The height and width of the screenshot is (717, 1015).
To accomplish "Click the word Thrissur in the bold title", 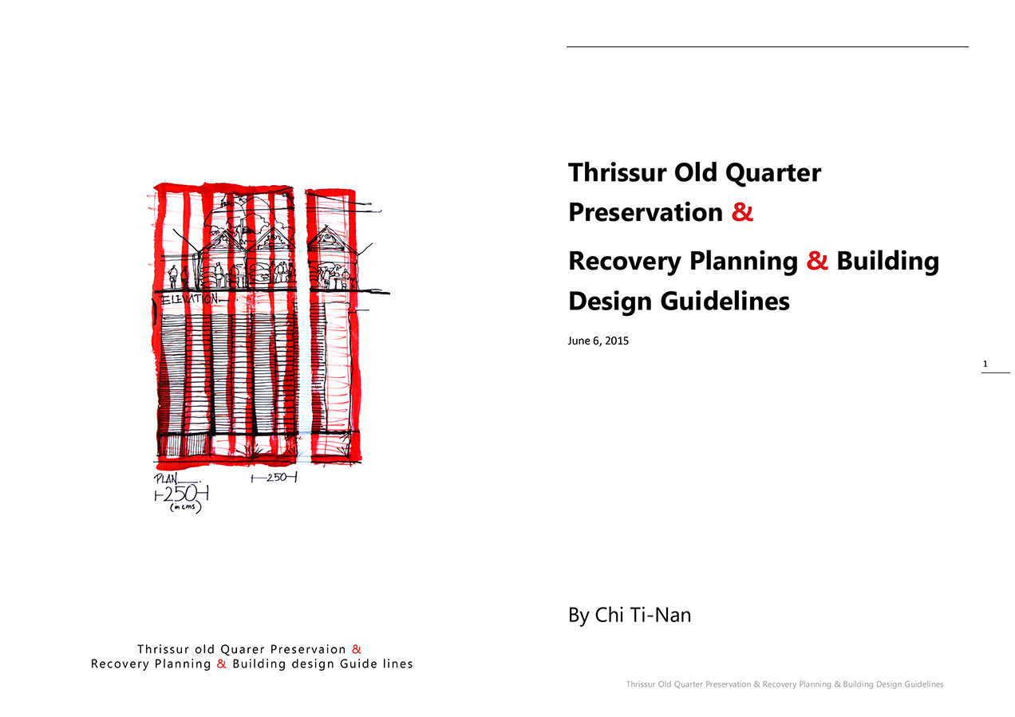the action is [618, 172].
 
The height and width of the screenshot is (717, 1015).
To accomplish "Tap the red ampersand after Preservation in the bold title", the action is [742, 212].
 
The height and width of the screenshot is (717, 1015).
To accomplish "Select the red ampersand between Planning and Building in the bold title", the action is [817, 261].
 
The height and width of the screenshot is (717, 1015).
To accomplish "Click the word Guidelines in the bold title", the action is [725, 301].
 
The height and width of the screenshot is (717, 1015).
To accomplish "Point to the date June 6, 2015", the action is [598, 341].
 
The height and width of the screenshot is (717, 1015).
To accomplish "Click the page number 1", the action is [985, 364].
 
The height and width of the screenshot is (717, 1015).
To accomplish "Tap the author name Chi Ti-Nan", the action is [643, 615].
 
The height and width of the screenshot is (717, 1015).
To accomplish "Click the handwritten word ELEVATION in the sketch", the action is [190, 299].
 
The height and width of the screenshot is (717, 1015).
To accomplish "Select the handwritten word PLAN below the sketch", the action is [166, 479].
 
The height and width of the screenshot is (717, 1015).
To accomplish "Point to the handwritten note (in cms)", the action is [185, 507].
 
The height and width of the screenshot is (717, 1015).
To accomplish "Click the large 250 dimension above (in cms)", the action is [181, 494].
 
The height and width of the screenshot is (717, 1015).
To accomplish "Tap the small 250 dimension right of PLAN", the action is [274, 478].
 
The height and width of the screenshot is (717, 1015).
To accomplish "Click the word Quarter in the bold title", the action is [773, 172].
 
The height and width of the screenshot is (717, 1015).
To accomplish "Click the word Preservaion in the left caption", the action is [308, 649].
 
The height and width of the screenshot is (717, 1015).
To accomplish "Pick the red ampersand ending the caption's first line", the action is [357, 649].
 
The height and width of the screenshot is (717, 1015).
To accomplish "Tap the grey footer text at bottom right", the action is [785, 684].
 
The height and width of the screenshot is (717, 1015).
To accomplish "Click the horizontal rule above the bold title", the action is [768, 46].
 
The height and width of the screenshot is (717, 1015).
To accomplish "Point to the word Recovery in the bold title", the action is [625, 262].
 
